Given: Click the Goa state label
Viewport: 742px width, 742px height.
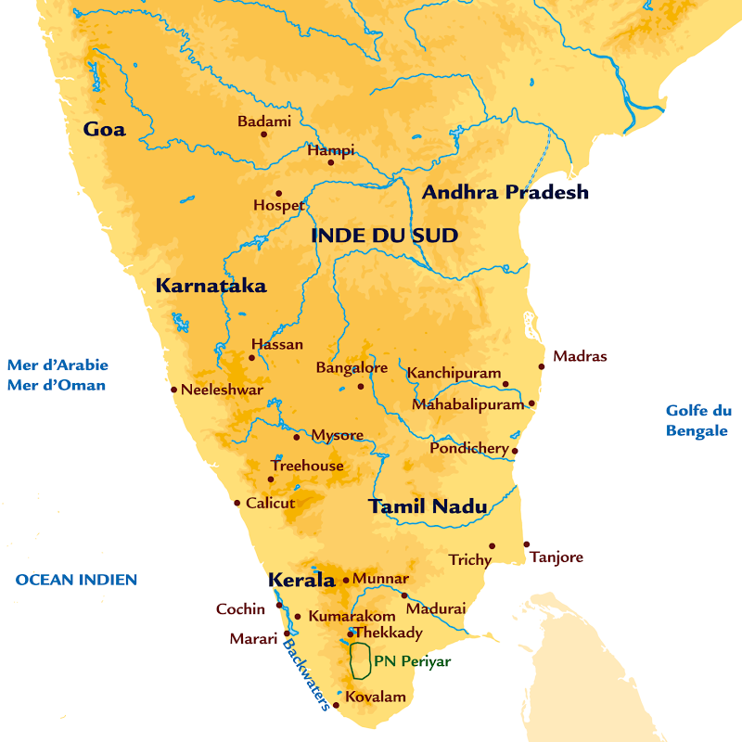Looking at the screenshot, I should (104, 129).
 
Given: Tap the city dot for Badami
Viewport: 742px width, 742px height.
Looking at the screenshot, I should (263, 134).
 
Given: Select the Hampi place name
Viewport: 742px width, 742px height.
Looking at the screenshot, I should (330, 150).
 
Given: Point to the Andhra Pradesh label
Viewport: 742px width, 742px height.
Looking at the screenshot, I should (505, 192).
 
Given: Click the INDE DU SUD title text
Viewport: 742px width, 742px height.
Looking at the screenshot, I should (384, 236).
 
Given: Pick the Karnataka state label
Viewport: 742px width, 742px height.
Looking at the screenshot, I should (211, 286).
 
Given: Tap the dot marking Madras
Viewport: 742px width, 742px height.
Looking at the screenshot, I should (542, 366).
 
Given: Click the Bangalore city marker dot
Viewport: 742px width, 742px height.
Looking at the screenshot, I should (361, 386).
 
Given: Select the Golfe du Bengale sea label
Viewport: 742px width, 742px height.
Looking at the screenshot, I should (698, 420).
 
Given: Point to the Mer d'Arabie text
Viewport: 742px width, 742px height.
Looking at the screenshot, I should (58, 364).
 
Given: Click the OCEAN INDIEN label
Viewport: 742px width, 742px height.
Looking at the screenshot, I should (76, 580).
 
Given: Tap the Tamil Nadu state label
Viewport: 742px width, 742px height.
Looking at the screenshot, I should (427, 506).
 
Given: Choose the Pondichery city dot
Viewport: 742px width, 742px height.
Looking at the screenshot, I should (515, 452).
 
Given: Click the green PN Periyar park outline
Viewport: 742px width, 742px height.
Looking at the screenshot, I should (359, 660).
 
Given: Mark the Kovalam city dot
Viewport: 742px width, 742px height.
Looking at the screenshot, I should (336, 705).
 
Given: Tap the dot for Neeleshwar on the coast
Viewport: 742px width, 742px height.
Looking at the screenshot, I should (173, 390).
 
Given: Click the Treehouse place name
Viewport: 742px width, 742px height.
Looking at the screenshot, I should (307, 466).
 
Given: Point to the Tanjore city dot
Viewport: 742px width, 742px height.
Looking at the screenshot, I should (526, 544).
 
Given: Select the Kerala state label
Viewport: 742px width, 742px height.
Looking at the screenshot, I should (301, 581).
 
